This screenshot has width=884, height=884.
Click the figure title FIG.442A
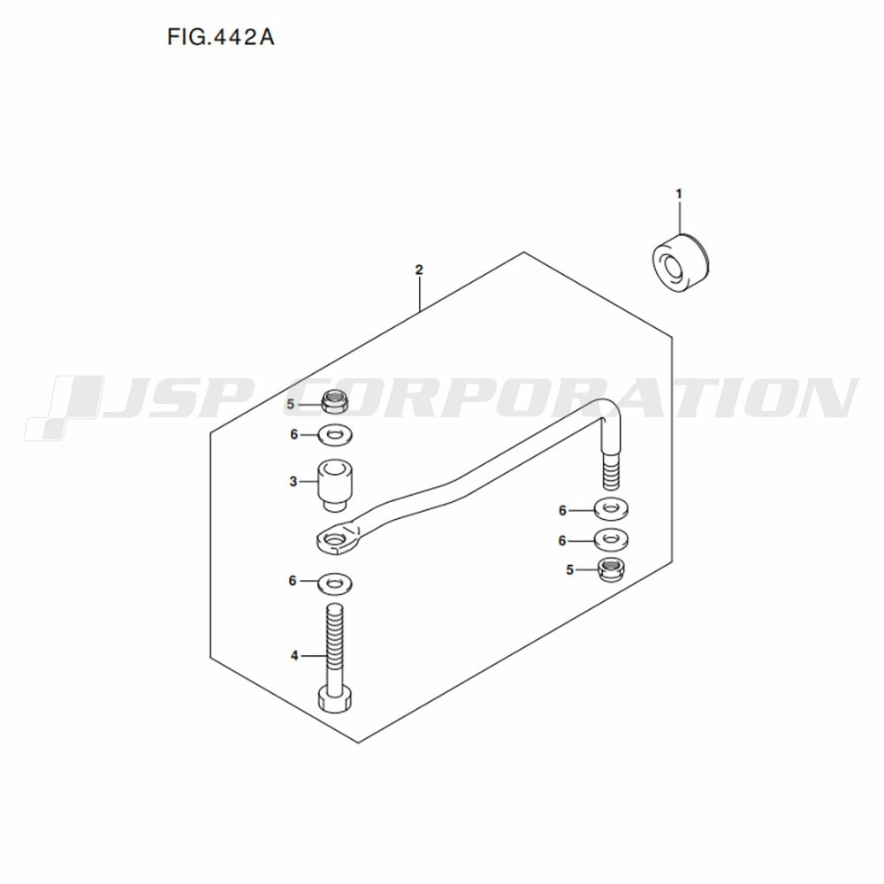click(x=220, y=37)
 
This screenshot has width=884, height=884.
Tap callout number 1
click(x=679, y=194)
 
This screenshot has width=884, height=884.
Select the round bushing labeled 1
click(x=681, y=263)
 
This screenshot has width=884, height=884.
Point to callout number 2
click(x=419, y=270)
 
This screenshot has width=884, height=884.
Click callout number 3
click(x=293, y=482)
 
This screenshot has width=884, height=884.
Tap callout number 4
click(x=294, y=656)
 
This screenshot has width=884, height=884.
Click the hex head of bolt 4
click(x=336, y=699)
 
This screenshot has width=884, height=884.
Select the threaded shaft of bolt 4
click(x=335, y=645)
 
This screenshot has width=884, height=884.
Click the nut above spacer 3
click(x=335, y=401)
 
